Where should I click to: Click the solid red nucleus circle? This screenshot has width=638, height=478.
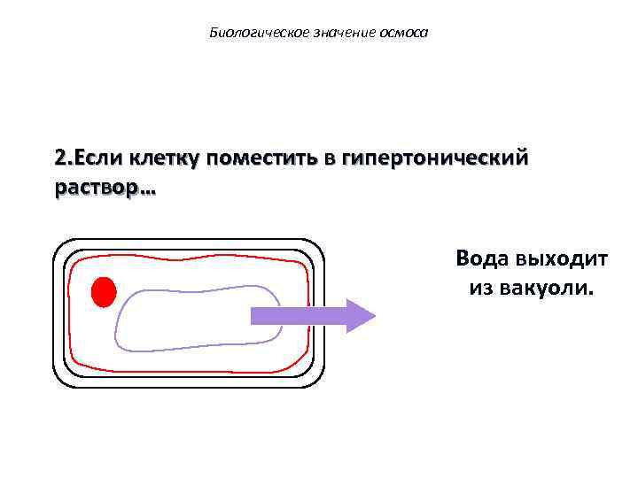coord(104,290)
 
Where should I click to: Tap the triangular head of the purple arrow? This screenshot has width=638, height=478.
coord(360,316)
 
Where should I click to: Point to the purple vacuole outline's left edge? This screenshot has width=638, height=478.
coord(116,323)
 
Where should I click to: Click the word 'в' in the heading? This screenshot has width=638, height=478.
coord(330,158)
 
